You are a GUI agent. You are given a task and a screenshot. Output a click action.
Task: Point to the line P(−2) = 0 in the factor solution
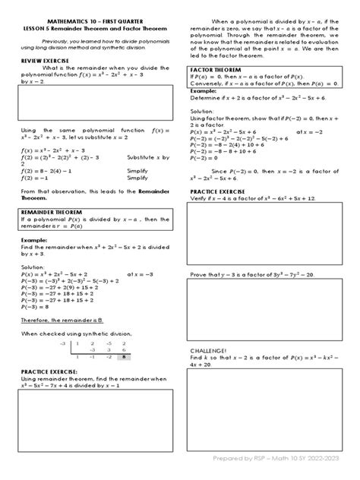[x=208, y=157]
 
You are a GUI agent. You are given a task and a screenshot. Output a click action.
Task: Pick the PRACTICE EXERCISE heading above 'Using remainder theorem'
[x=48, y=372]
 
